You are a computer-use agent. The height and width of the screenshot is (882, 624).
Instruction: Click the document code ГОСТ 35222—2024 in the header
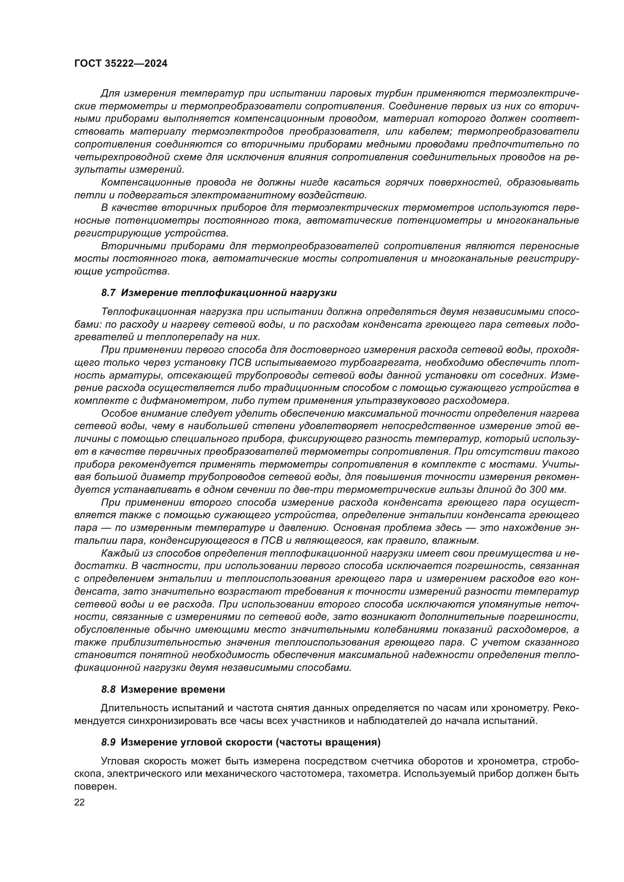tap(121, 64)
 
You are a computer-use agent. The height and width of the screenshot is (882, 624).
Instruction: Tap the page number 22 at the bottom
tap(80, 802)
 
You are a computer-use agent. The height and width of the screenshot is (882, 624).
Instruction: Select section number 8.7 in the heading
tap(108, 293)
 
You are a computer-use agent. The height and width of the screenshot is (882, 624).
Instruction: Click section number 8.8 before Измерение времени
tap(108, 690)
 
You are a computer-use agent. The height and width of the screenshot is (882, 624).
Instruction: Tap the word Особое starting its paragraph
tap(117, 414)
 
